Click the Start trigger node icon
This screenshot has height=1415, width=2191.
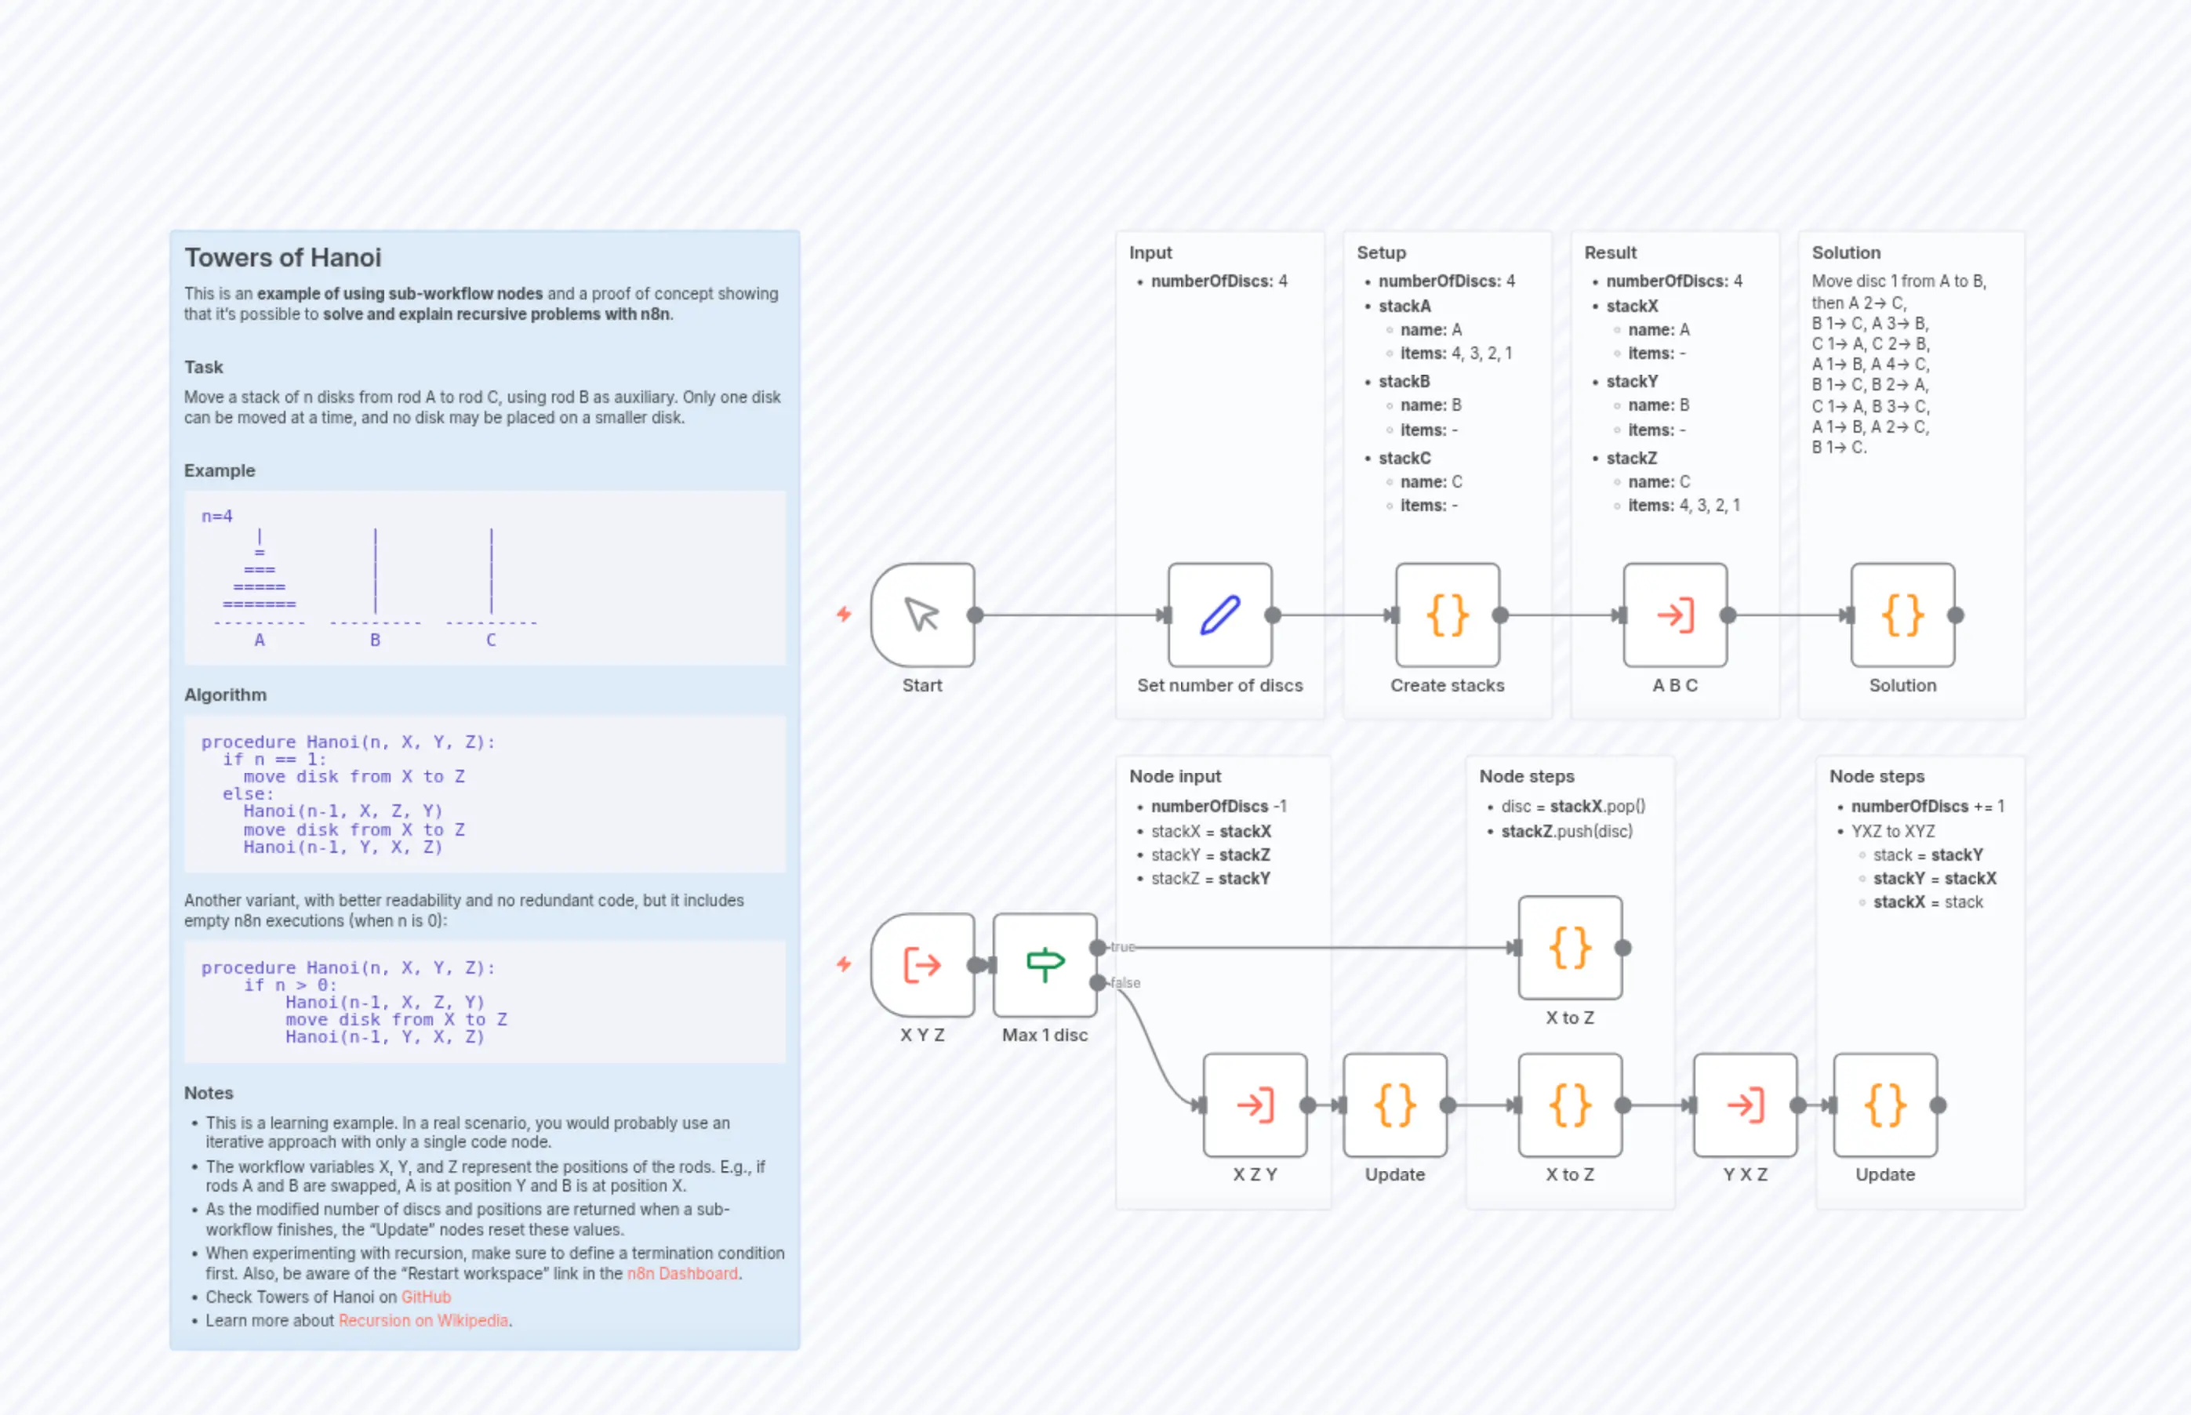pyautogui.click(x=921, y=615)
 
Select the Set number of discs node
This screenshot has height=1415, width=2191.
pyautogui.click(x=1219, y=615)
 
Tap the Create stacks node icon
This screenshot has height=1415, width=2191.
pyautogui.click(x=1447, y=615)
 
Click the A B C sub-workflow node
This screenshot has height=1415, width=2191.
pyautogui.click(x=1674, y=615)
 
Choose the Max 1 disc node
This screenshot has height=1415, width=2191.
pyautogui.click(x=1044, y=964)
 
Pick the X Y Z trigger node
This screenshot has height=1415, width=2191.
pyautogui.click(x=921, y=964)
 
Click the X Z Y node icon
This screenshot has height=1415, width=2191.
pyautogui.click(x=1255, y=1105)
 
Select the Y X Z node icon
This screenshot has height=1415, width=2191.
pyautogui.click(x=1744, y=1105)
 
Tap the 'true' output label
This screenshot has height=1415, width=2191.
pyautogui.click(x=1122, y=946)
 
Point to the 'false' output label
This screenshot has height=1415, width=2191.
pyautogui.click(x=1125, y=982)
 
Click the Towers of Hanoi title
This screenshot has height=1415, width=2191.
pyautogui.click(x=282, y=257)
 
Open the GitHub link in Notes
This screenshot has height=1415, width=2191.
pyautogui.click(x=426, y=1297)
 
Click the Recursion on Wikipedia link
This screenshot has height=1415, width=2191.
pyautogui.click(x=423, y=1320)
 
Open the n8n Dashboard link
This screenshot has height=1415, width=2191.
pyautogui.click(x=682, y=1273)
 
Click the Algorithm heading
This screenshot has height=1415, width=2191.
pyautogui.click(x=225, y=695)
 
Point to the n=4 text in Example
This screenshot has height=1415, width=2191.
pyautogui.click(x=217, y=517)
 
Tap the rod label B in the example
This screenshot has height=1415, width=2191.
pyautogui.click(x=375, y=640)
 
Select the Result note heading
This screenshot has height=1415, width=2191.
pyautogui.click(x=1610, y=252)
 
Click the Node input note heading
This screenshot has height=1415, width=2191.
pyautogui.click(x=1175, y=776)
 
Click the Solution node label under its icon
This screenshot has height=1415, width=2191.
pyautogui.click(x=1902, y=685)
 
